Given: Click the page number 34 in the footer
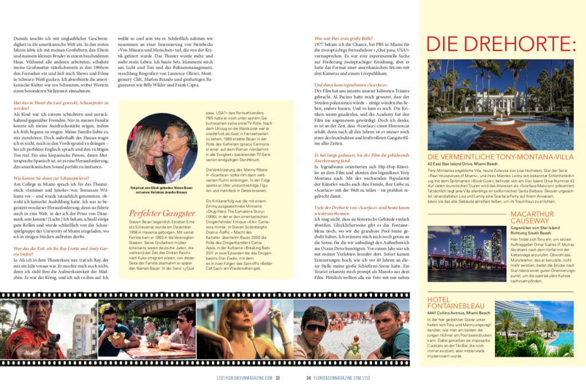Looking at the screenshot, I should pyautogui.click(x=308, y=377).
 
